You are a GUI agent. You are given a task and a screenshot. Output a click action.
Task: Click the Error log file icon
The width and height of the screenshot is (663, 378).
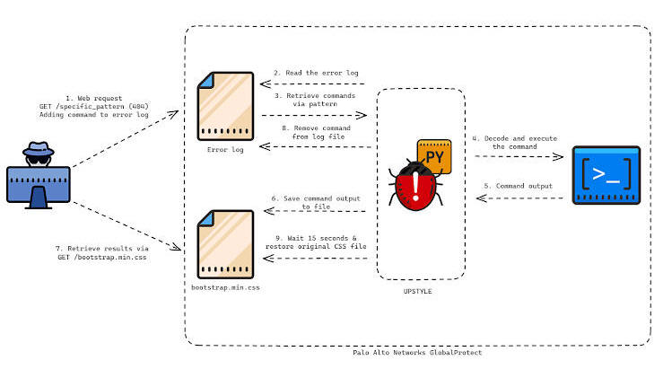click(x=225, y=106)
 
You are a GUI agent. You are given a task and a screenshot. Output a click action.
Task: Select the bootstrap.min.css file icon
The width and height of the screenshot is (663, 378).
click(x=225, y=244)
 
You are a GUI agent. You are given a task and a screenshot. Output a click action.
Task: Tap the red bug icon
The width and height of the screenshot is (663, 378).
click(x=415, y=186)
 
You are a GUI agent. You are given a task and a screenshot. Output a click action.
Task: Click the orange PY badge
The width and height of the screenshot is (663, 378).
click(x=434, y=156)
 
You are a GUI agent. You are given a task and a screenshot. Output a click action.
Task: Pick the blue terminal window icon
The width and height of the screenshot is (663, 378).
click(x=606, y=175)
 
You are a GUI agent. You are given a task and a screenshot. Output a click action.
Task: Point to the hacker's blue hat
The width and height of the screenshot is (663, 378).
click(x=39, y=148)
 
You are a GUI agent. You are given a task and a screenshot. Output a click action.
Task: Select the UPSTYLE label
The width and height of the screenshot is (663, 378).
click(x=417, y=291)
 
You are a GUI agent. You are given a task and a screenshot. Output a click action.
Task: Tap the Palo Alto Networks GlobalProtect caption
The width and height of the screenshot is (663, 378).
click(x=417, y=352)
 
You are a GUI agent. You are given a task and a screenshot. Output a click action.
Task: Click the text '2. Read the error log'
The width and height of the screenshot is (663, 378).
click(x=316, y=73)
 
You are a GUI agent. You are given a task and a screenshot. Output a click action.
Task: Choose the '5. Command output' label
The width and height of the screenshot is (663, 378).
click(x=518, y=186)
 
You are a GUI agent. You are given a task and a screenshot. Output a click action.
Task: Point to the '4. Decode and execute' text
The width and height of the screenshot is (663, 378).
click(x=515, y=138)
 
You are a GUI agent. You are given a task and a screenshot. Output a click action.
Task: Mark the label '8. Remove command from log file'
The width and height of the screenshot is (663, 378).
click(x=317, y=132)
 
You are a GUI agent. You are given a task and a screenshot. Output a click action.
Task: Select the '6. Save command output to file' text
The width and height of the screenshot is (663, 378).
click(x=316, y=202)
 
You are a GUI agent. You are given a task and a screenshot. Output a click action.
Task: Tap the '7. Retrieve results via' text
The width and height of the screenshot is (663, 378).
click(x=102, y=249)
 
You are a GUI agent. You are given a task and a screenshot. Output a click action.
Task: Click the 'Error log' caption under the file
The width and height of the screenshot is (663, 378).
click(x=225, y=149)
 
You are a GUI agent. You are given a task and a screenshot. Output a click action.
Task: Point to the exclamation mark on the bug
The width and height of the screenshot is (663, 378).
click(x=415, y=186)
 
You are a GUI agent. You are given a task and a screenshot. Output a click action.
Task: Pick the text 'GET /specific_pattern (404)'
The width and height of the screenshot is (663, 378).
click(x=94, y=106)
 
